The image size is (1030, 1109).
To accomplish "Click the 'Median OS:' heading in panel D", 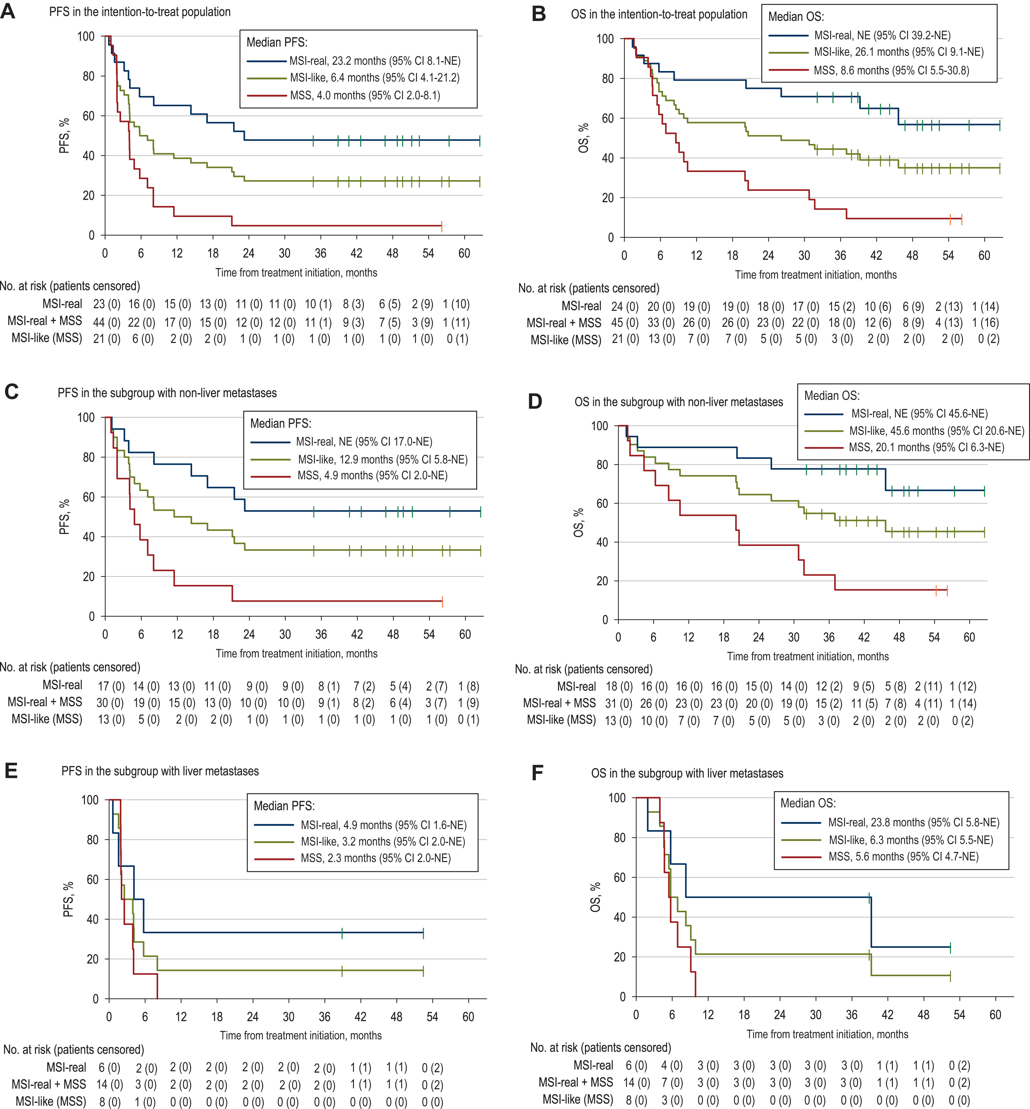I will (x=832, y=396).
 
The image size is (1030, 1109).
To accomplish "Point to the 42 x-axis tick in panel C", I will (x=357, y=634).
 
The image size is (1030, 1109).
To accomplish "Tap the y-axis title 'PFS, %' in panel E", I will (x=68, y=899).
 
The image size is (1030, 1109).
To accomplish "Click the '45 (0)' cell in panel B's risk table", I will (x=625, y=323).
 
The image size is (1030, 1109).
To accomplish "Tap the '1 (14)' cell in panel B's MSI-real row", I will (x=986, y=306).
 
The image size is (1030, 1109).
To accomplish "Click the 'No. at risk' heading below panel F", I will (x=600, y=1047).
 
